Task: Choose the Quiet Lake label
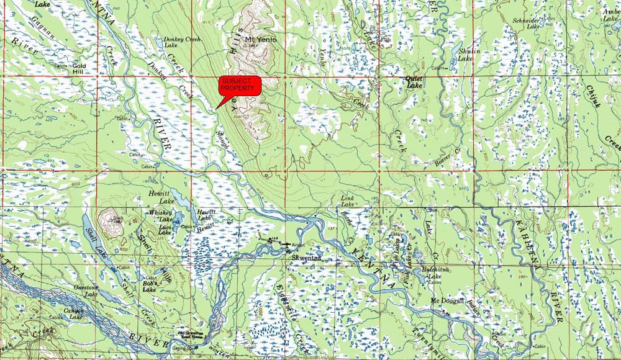click(x=414, y=81)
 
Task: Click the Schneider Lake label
click(x=528, y=23)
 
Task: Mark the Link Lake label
click(x=348, y=201)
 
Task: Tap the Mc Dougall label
click(x=448, y=301)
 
